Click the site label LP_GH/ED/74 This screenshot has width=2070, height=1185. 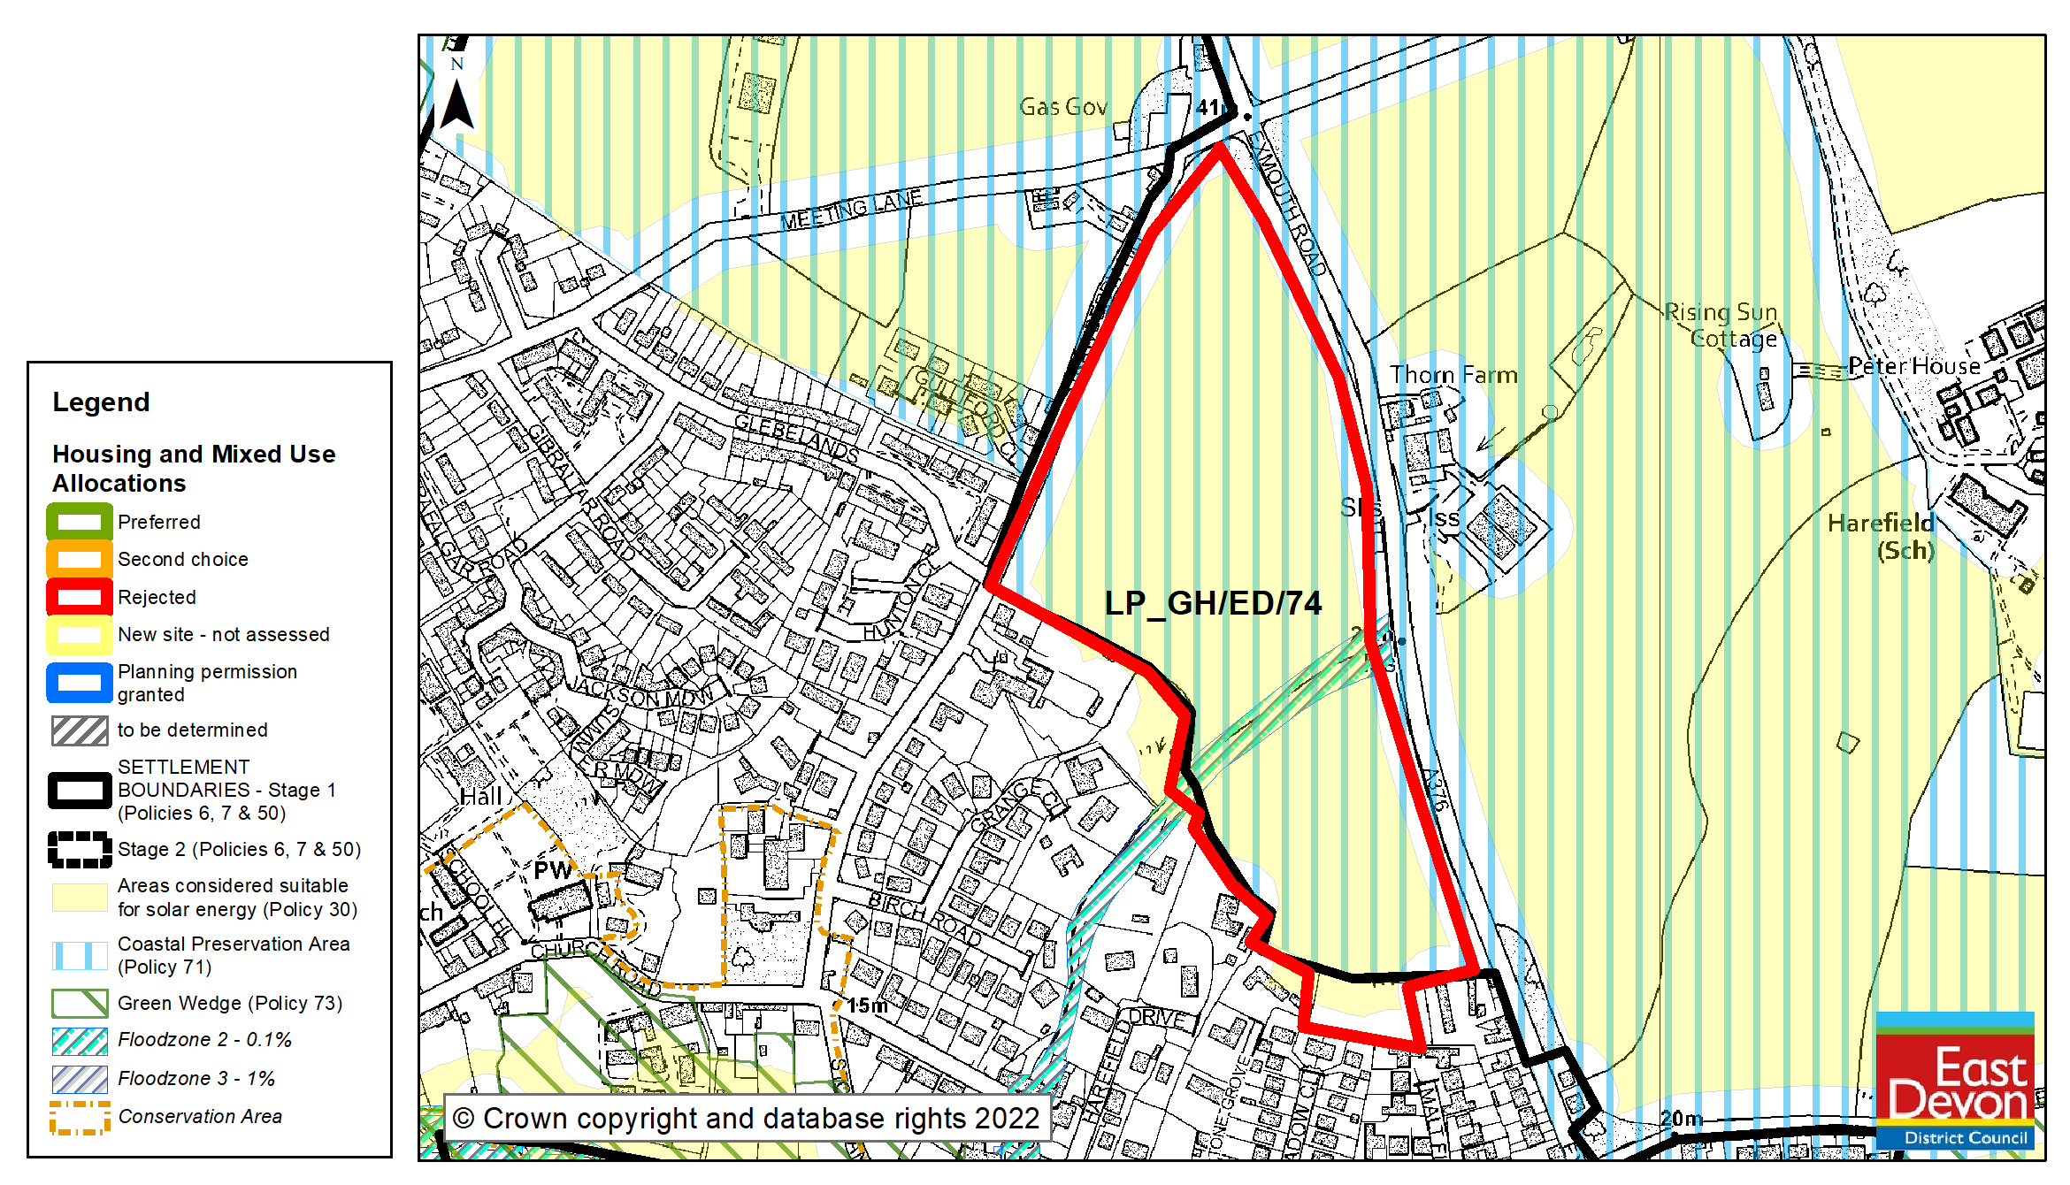1213,603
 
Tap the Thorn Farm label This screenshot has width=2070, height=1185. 1453,375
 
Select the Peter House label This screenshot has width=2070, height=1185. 1914,366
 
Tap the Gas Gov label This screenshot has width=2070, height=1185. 1063,107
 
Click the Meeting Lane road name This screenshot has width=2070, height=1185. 851,210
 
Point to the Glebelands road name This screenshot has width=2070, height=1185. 796,437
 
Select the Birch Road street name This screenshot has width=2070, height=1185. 924,919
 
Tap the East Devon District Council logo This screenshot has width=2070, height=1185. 1955,1081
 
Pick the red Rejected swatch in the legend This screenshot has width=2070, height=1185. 80,597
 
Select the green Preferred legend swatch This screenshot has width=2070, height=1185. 80,522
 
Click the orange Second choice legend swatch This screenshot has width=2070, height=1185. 80,560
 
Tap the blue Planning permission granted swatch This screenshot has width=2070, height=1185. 80,683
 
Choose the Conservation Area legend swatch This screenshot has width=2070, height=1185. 80,1117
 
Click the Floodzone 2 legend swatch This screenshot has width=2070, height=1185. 80,1041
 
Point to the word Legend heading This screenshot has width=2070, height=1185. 101,402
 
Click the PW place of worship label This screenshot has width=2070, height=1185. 552,871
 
